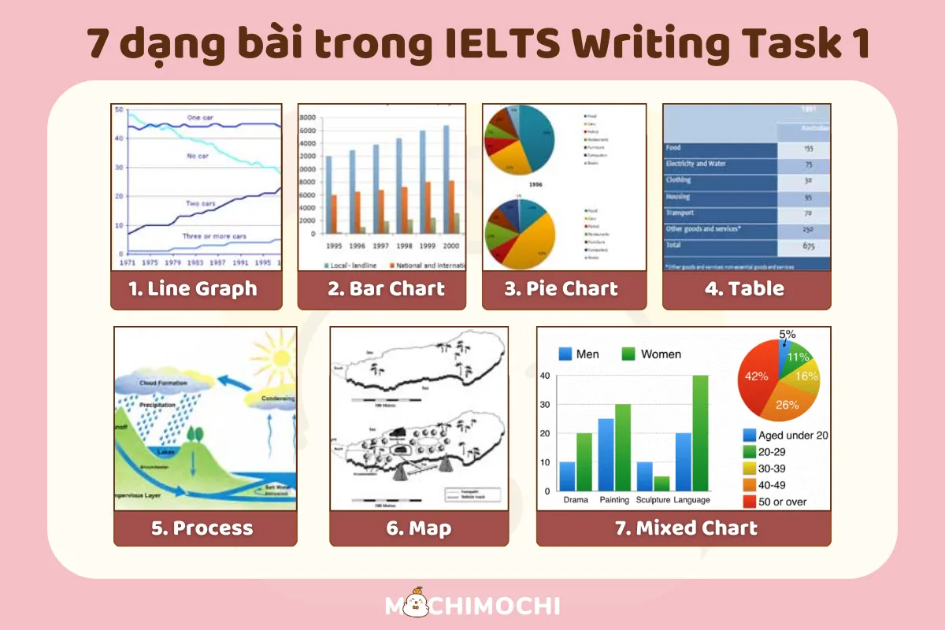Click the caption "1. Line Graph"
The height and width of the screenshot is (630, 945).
tap(193, 289)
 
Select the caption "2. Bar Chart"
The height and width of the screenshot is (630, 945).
tap(386, 289)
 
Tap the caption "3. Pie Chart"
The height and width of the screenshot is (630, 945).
tap(561, 289)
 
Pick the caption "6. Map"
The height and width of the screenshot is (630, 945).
tap(418, 528)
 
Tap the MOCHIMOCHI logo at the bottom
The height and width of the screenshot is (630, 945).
tap(472, 605)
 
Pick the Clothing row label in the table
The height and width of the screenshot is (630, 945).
tap(680, 180)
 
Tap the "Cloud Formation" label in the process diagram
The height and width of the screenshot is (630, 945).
tap(163, 383)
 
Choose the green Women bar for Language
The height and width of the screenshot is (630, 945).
tap(700, 432)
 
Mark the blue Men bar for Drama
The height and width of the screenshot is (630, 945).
tap(567, 476)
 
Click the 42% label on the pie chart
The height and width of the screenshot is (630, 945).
tap(757, 376)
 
